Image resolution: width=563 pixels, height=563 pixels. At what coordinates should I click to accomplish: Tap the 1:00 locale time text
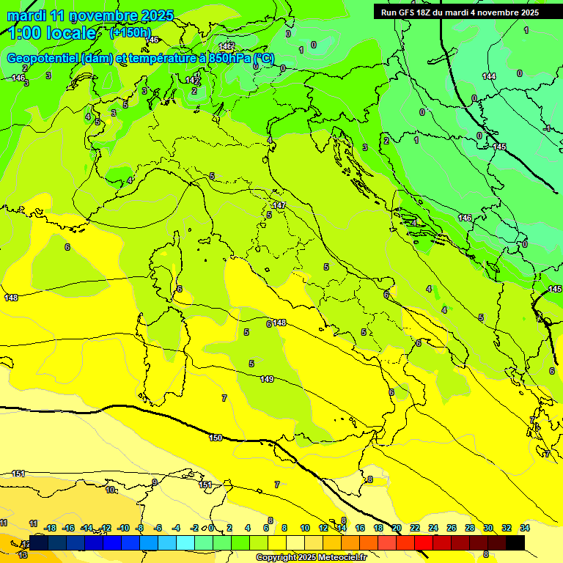coord(51,33)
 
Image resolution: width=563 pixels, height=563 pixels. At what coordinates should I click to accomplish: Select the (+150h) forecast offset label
coord(130,33)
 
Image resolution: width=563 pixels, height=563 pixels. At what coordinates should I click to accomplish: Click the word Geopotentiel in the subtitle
coord(43,59)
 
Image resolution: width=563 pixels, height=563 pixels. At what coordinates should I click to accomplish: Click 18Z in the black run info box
coord(424,12)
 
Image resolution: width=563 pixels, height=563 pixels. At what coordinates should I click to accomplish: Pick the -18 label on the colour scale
coord(51,528)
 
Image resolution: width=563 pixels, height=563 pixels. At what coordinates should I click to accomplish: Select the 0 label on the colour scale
coord(210,528)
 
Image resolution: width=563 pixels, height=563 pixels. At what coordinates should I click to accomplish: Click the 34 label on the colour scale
coord(525,528)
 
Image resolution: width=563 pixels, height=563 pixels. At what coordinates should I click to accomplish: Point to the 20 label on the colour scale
coord(397,528)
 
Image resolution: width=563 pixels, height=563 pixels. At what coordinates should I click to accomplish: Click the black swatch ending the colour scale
coord(515,542)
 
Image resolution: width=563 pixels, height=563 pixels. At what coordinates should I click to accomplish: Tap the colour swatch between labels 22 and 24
coord(424,542)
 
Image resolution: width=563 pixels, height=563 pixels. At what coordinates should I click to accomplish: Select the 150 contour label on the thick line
coord(216,438)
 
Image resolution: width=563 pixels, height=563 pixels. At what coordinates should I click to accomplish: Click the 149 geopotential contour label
coord(267,379)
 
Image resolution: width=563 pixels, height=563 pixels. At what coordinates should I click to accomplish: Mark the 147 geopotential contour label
coord(279,206)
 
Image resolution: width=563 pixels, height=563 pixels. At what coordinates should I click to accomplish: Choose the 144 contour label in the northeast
coord(489,76)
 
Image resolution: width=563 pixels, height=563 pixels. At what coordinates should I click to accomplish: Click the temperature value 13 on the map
coord(23,555)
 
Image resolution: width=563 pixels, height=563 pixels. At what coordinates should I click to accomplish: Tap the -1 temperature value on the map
coord(547,128)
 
